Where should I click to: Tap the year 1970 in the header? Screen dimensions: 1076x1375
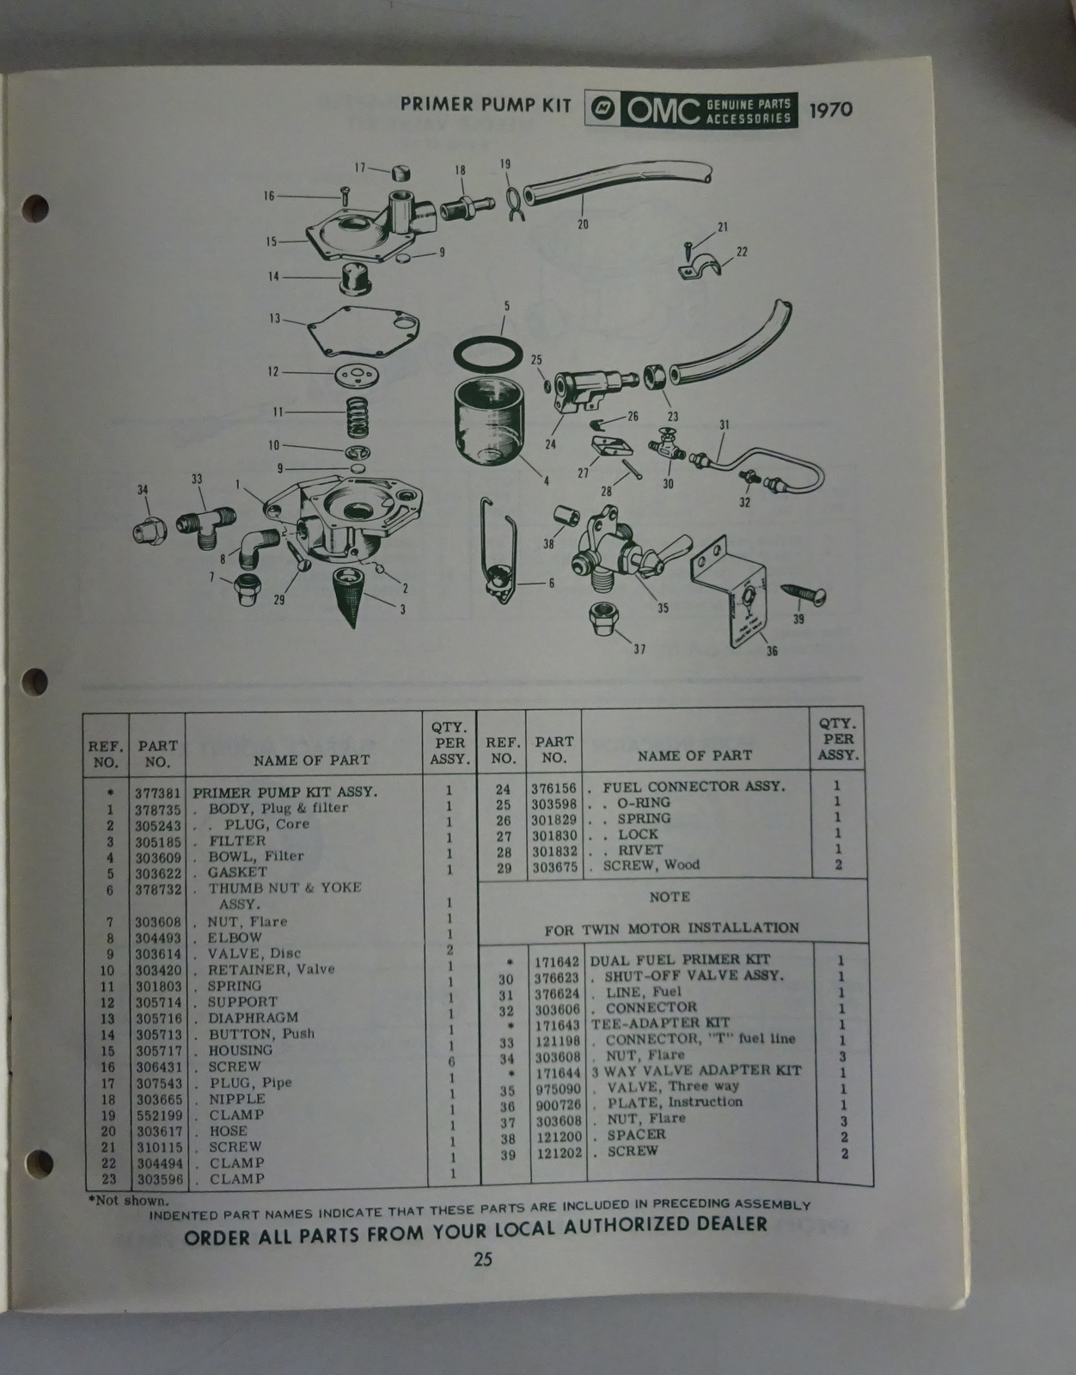click(x=830, y=109)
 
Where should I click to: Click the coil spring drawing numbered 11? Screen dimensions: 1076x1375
click(x=358, y=418)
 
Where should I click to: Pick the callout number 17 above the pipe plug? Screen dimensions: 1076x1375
click(x=360, y=168)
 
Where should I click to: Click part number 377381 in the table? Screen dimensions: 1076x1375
click(x=157, y=793)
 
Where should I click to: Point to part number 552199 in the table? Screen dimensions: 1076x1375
click(x=159, y=1115)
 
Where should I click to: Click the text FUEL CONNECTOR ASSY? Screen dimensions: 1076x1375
click(x=694, y=786)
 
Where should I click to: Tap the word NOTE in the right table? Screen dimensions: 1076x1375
click(x=669, y=896)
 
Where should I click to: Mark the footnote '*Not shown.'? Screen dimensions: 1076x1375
click(x=128, y=1200)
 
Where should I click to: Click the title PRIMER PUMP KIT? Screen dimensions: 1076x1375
click(x=486, y=104)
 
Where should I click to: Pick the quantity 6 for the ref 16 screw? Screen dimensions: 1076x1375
click(x=450, y=1061)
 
